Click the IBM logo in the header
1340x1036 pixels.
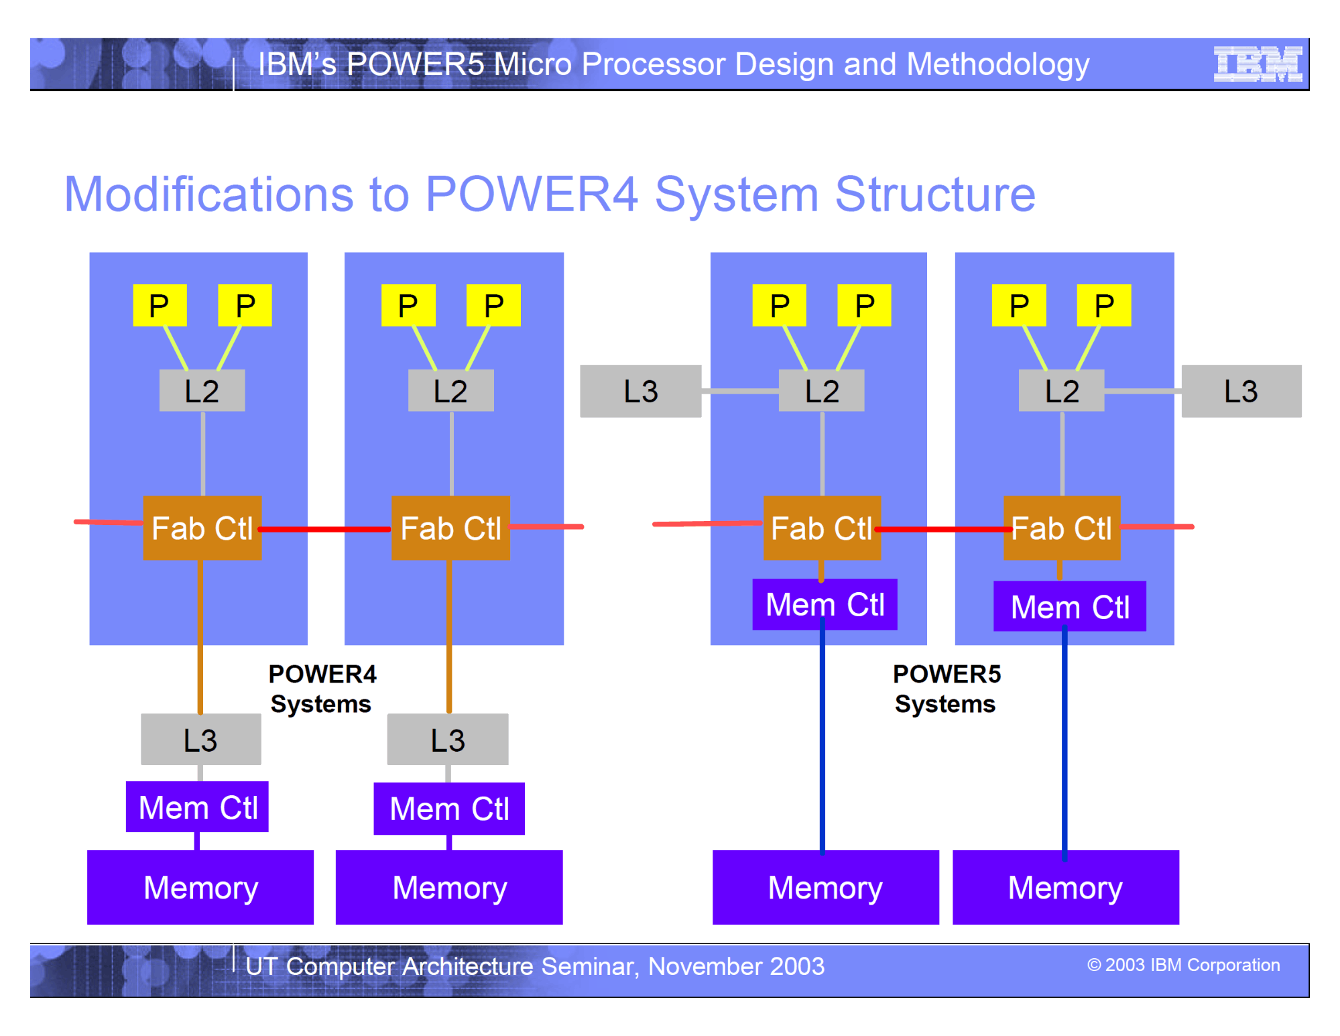pos(1258,64)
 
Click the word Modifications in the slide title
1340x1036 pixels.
pos(208,194)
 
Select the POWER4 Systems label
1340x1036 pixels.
pos(322,689)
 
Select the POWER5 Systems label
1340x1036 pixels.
pos(946,689)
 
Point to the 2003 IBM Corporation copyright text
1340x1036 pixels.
pos(1183,965)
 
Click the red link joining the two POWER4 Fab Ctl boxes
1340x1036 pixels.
pos(326,529)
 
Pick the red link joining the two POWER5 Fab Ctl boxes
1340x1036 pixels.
pos(942,529)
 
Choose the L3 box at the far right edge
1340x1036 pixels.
pos(1241,391)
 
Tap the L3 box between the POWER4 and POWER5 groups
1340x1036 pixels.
pos(640,391)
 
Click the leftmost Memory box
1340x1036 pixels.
pos(200,887)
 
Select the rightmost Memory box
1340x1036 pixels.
pos(1065,887)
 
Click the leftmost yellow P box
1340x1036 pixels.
pos(160,306)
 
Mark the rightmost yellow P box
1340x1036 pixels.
pos(1103,306)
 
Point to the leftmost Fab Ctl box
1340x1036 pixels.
pos(202,528)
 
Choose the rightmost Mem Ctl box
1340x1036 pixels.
pos(1069,607)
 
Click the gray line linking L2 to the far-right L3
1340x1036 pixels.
pos(1142,391)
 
